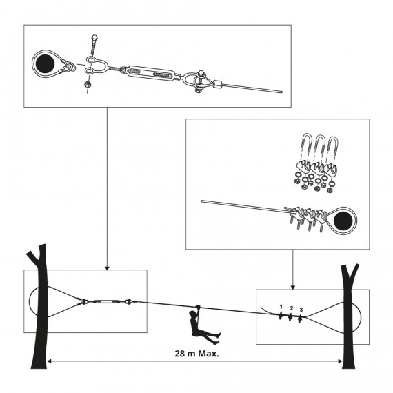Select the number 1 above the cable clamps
[x=281, y=305]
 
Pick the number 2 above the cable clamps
[x=292, y=307]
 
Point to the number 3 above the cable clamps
[x=301, y=309]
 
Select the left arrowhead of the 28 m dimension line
[x=50, y=361]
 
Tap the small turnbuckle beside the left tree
[x=107, y=301]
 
